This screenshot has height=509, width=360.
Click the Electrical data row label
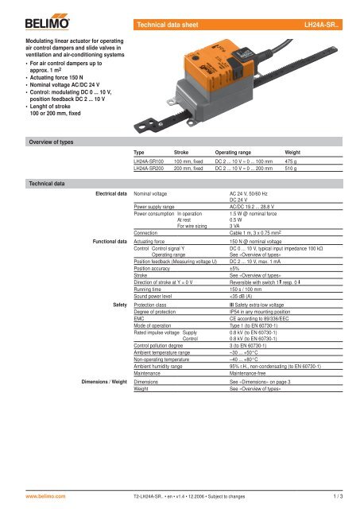point(110,193)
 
